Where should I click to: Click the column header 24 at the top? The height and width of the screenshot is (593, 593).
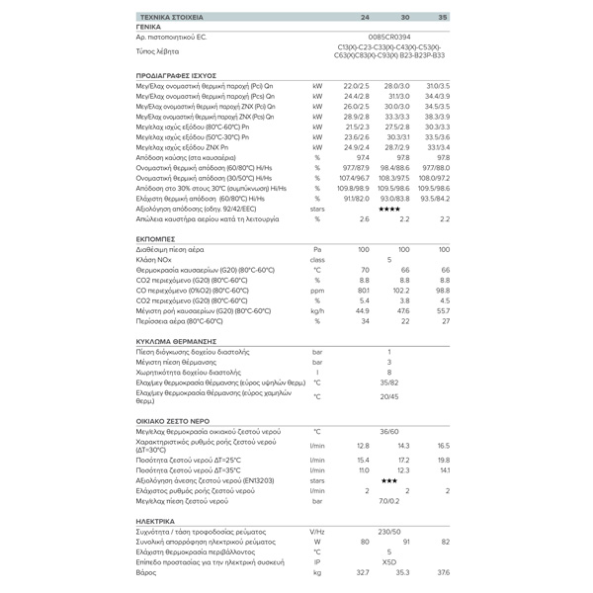click(x=365, y=18)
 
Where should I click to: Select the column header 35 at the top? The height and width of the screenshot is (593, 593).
click(x=443, y=18)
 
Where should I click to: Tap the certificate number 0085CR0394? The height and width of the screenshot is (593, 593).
click(x=389, y=36)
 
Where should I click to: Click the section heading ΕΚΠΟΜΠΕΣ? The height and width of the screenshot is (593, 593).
click(x=156, y=238)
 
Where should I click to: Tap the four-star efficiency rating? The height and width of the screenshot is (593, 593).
click(x=389, y=209)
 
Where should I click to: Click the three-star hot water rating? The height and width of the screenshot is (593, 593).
click(x=389, y=479)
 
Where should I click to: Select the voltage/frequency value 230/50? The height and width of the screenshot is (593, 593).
click(x=389, y=531)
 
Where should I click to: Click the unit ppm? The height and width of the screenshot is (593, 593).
click(x=317, y=291)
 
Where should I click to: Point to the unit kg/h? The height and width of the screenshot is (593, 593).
click(x=317, y=310)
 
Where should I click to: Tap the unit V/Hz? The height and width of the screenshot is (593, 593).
click(x=317, y=531)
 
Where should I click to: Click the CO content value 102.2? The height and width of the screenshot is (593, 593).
click(x=401, y=291)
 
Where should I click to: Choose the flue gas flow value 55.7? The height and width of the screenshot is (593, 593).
click(x=442, y=310)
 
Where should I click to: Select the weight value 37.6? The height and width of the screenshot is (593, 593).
click(x=443, y=572)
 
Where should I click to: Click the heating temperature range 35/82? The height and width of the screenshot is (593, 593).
click(x=389, y=381)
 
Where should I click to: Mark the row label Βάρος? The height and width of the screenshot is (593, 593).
click(x=147, y=572)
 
